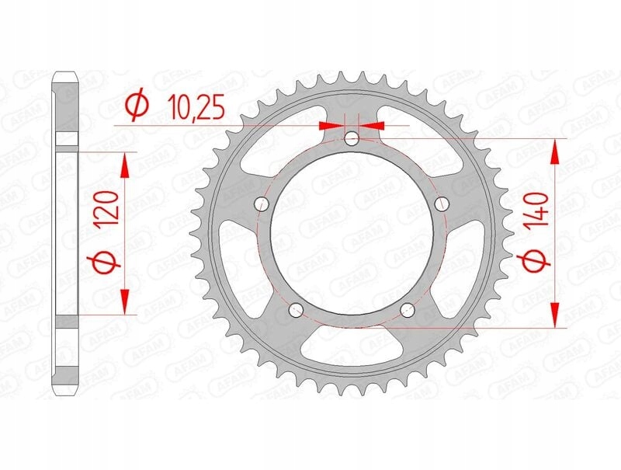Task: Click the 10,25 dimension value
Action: (x=196, y=108)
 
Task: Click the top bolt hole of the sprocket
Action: (x=352, y=139)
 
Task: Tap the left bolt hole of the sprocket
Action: (x=261, y=204)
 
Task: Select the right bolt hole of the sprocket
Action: (x=442, y=204)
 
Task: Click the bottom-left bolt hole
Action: (x=296, y=310)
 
